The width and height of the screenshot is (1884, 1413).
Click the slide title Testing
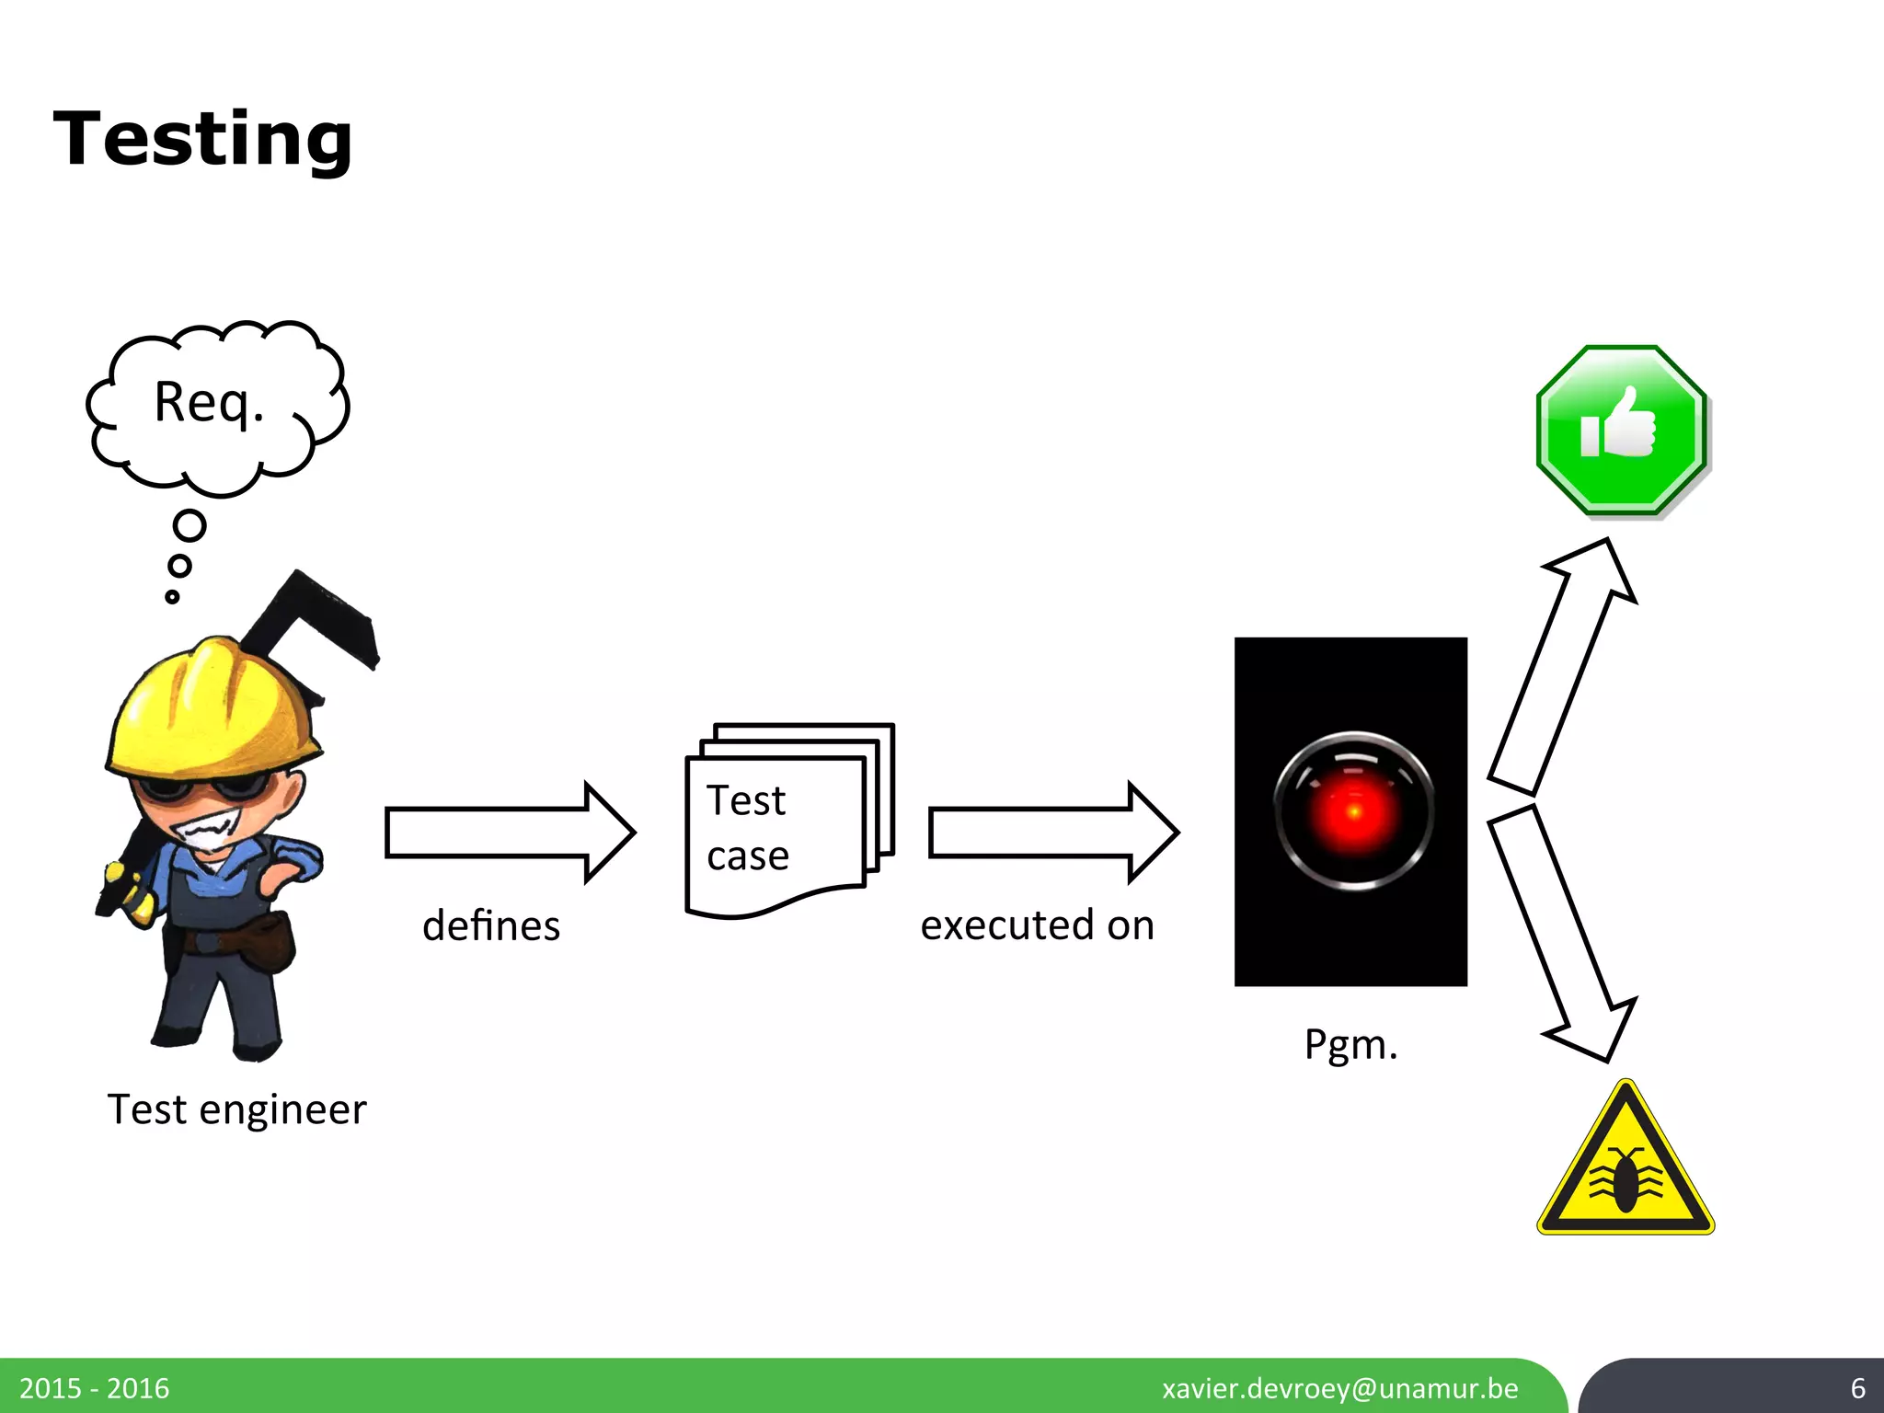203,139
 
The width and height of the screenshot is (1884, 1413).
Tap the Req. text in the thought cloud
209,403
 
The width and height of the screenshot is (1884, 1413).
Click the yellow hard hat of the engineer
212,704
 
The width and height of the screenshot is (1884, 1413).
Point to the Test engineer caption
236,1109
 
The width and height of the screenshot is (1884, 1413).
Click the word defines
491,925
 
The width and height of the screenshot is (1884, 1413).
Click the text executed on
1037,925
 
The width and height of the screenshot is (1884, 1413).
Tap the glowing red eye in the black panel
1353,810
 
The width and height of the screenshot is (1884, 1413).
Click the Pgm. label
1350,1045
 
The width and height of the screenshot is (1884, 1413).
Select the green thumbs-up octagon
1621,430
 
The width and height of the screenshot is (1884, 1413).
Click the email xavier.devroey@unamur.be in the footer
1339,1388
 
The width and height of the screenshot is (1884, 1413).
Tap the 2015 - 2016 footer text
94,1388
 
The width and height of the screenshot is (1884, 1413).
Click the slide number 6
1857,1388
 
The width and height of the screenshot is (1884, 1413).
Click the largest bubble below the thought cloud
190,526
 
